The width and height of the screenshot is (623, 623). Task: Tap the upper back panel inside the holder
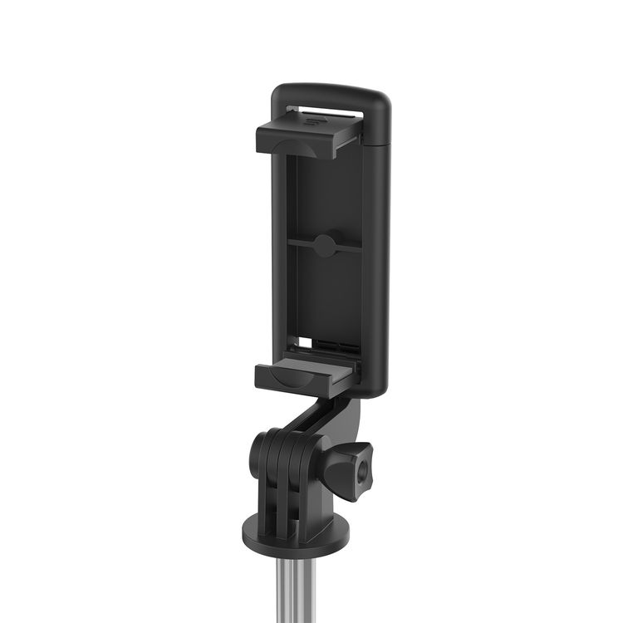tap(324, 191)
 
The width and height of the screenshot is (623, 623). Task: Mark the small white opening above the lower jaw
tap(306, 341)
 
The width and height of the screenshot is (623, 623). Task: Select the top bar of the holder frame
tap(328, 93)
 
